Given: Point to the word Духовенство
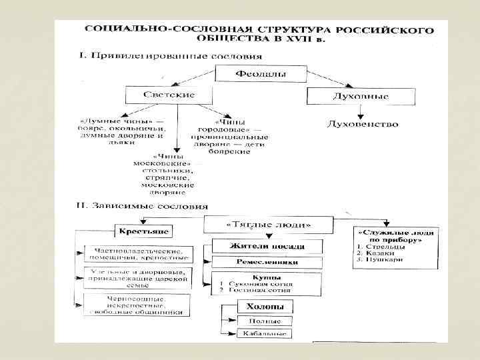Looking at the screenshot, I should coord(363,124).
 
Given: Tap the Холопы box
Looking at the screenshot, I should coord(264,307).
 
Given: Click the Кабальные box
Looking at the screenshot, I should coord(265,333).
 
